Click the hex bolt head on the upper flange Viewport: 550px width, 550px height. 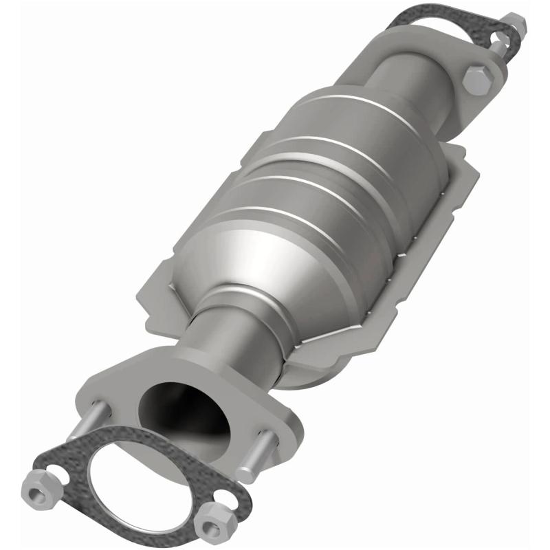tap(477, 80)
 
